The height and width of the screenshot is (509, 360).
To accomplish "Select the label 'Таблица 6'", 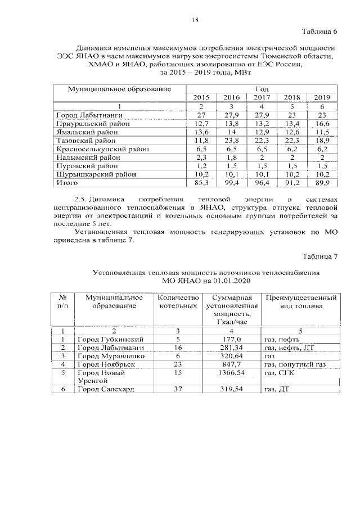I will pos(319,31).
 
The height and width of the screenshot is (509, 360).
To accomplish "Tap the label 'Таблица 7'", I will pos(319,256).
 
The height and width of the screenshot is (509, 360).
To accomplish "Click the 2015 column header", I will pos(201,97).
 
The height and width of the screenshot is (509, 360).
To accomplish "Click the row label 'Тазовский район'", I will pos(87,140).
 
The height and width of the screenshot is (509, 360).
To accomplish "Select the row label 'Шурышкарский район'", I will pos(96,174).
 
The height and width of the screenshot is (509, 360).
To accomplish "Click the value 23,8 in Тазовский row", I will pos(232,140).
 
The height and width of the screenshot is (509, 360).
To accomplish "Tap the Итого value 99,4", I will pos(232,183).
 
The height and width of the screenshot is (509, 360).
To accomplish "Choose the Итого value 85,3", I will pos(201,183).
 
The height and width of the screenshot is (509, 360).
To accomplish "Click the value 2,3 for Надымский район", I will pos(201,157).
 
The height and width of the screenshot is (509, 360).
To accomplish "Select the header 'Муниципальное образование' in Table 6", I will pos(119,89).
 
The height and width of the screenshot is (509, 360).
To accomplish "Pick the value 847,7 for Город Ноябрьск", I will pos(232,364).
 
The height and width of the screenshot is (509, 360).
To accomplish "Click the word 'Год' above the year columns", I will pos(262,89).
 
